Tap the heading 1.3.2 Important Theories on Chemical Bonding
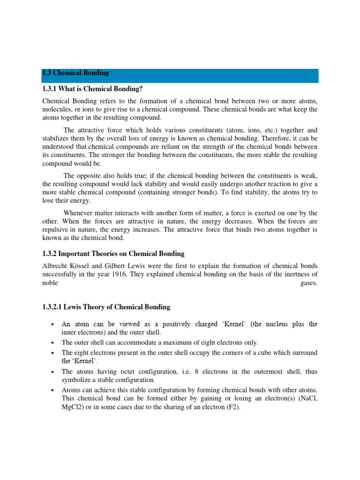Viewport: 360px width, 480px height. point(113,254)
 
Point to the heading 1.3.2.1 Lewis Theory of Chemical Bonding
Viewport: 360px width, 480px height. point(106,307)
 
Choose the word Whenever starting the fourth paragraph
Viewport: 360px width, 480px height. point(79,213)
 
